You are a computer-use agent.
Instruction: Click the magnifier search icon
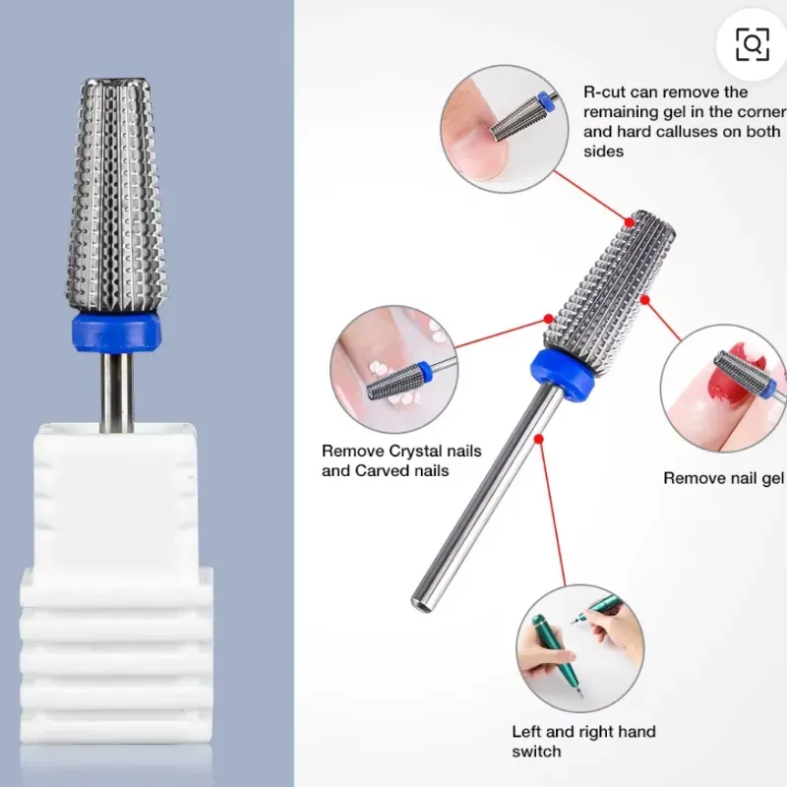coord(752,44)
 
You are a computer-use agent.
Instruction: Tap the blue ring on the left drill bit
coord(116,333)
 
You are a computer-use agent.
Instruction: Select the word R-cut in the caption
coord(604,91)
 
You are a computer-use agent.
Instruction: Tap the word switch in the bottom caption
coord(536,752)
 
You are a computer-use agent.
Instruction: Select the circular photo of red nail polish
coord(724,388)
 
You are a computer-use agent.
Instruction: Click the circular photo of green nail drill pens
coord(580,648)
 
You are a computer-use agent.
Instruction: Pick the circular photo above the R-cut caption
coord(505,129)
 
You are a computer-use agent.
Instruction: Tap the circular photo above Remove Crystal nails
coord(394,370)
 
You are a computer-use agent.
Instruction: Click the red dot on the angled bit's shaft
coord(538,439)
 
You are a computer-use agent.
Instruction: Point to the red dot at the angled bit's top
coord(630,222)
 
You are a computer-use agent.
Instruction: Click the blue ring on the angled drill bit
coord(562,374)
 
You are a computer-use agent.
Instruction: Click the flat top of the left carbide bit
coord(116,82)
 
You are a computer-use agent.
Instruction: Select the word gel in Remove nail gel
coord(772,478)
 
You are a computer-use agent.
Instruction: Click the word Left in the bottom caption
coord(526,731)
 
